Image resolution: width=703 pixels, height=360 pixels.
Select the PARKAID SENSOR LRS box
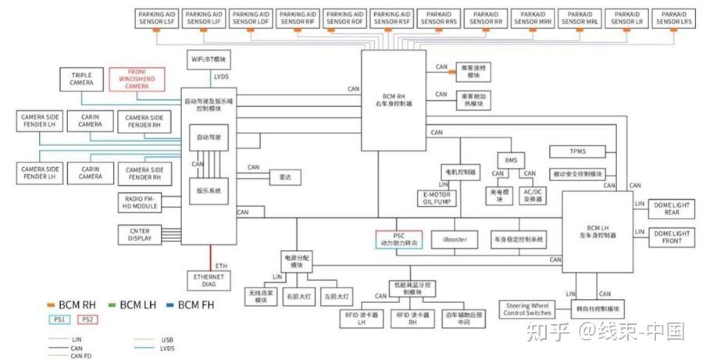pyautogui.click(x=673, y=18)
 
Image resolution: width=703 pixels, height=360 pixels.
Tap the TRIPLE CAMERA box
pyautogui.click(x=81, y=78)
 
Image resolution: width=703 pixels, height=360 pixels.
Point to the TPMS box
pyautogui.click(x=578, y=151)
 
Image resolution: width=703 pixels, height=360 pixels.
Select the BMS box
pyautogui.click(x=512, y=160)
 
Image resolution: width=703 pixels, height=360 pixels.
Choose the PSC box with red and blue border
pyautogui.click(x=398, y=239)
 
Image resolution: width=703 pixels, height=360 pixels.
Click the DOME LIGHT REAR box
pyautogui.click(x=672, y=208)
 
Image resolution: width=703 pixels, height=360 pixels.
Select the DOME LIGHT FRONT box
pyautogui.click(x=672, y=237)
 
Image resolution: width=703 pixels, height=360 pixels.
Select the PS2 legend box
pyautogui.click(x=87, y=319)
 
